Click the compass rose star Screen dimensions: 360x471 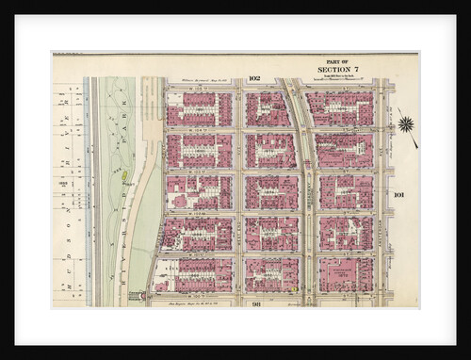pyautogui.click(x=406, y=123)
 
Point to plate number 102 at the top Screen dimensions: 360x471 pyautogui.click(x=254, y=78)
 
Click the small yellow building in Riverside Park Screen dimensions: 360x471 pyautogui.click(x=122, y=173)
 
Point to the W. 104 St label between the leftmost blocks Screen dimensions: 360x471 pyautogui.click(x=199, y=130)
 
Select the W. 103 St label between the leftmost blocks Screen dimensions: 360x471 pyautogui.click(x=199, y=172)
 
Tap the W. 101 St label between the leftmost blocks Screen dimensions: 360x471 pyautogui.click(x=199, y=254)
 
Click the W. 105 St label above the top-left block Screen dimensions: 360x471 pyautogui.click(x=199, y=89)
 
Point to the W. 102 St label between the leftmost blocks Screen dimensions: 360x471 pyautogui.click(x=199, y=213)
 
